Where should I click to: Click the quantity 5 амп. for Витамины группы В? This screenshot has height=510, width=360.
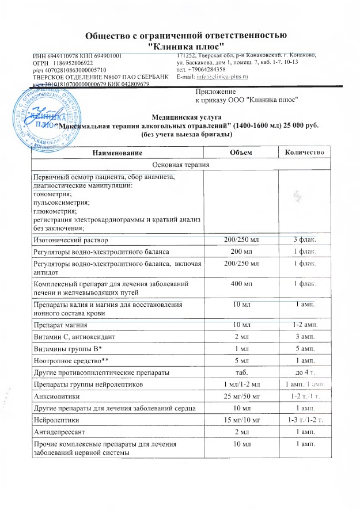pos(305,348)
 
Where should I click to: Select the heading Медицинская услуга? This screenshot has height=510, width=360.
pos(182,117)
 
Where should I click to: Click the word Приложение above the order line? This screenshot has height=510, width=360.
pos(216,92)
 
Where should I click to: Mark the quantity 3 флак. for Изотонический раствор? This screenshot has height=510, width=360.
pos(305,239)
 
